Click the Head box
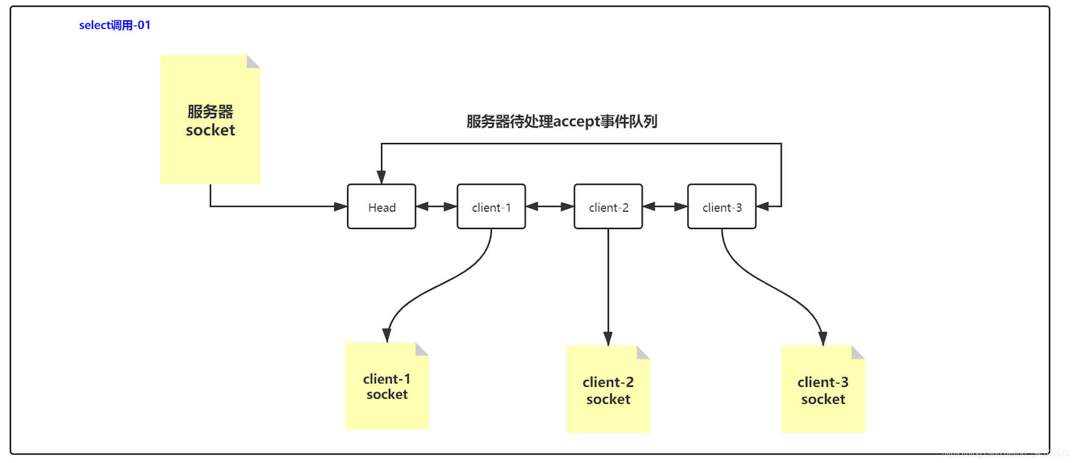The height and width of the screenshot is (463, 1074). click(382, 207)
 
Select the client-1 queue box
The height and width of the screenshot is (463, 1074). click(491, 207)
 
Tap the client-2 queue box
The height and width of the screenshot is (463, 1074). click(608, 207)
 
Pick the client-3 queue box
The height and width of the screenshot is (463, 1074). click(722, 207)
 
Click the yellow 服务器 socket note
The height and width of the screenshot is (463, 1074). click(210, 120)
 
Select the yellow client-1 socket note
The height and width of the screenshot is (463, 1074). click(387, 386)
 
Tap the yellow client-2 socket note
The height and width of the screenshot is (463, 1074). click(608, 390)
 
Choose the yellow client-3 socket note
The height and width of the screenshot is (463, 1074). click(823, 390)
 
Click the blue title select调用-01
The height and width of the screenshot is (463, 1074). click(114, 25)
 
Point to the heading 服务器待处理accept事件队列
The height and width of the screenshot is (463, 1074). click(561, 121)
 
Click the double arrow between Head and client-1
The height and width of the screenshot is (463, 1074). click(437, 207)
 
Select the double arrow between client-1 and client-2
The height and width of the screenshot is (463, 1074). click(549, 207)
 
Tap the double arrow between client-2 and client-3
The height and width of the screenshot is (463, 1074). click(665, 207)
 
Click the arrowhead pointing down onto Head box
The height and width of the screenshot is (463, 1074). click(382, 177)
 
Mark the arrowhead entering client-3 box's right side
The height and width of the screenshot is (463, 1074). click(763, 207)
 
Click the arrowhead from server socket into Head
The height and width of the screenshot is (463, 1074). click(340, 207)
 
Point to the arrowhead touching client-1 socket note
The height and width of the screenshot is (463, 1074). click(387, 336)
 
